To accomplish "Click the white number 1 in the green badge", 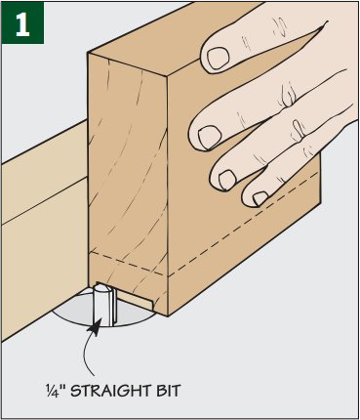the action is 22,24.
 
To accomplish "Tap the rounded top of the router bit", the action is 100,288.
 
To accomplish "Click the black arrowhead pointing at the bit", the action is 95,327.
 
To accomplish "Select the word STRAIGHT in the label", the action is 111,391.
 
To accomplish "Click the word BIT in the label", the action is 168,391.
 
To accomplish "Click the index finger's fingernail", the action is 218,58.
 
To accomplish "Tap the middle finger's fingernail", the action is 209,137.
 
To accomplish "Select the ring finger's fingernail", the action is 227,180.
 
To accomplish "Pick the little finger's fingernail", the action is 260,198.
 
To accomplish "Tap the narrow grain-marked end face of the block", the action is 128,184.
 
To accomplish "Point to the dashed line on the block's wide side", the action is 243,225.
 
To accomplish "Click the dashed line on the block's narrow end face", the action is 128,263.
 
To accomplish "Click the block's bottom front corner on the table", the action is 168,315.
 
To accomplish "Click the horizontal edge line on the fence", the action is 45,200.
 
